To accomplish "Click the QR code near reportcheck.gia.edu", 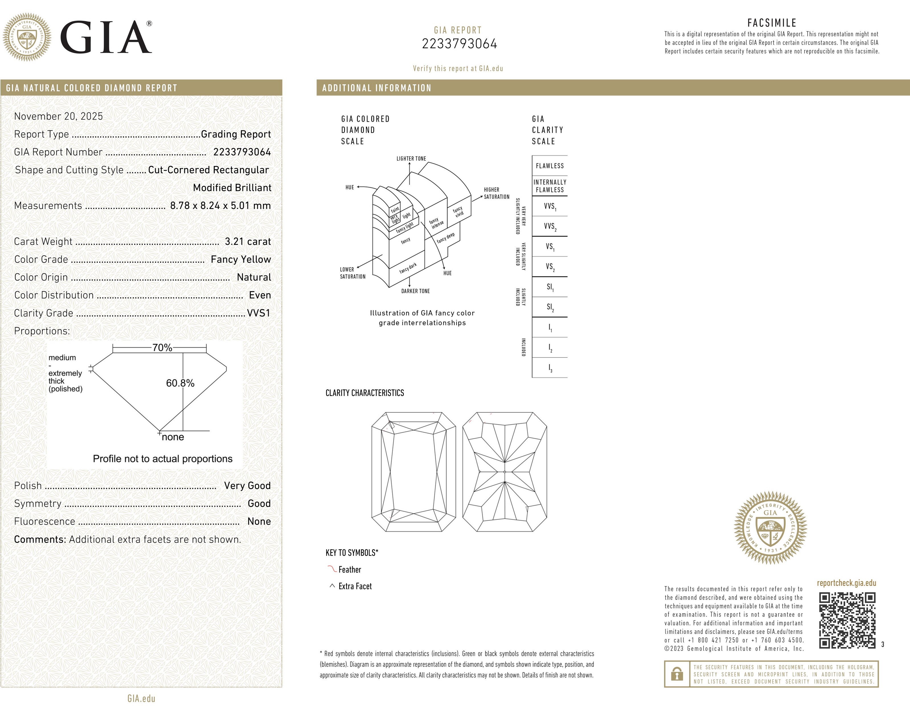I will point(847,621).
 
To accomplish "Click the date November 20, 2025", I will point(58,116).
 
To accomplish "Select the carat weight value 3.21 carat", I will point(247,241).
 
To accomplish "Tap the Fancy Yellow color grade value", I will point(240,259).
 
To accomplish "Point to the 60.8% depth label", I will point(180,383).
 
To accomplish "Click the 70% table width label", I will point(162,347).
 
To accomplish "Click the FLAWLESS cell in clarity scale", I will point(550,166).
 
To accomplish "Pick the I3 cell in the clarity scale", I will point(550,368).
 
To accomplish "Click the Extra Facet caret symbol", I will point(332,586).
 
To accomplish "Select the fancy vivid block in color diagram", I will point(458,212).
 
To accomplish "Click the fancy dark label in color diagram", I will point(408,268).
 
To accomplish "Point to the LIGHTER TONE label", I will point(411,159).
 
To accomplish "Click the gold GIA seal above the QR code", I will point(770,528).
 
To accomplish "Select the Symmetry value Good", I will point(259,503).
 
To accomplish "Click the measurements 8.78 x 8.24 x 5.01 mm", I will point(220,206).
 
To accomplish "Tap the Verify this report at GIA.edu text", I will point(458,68).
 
